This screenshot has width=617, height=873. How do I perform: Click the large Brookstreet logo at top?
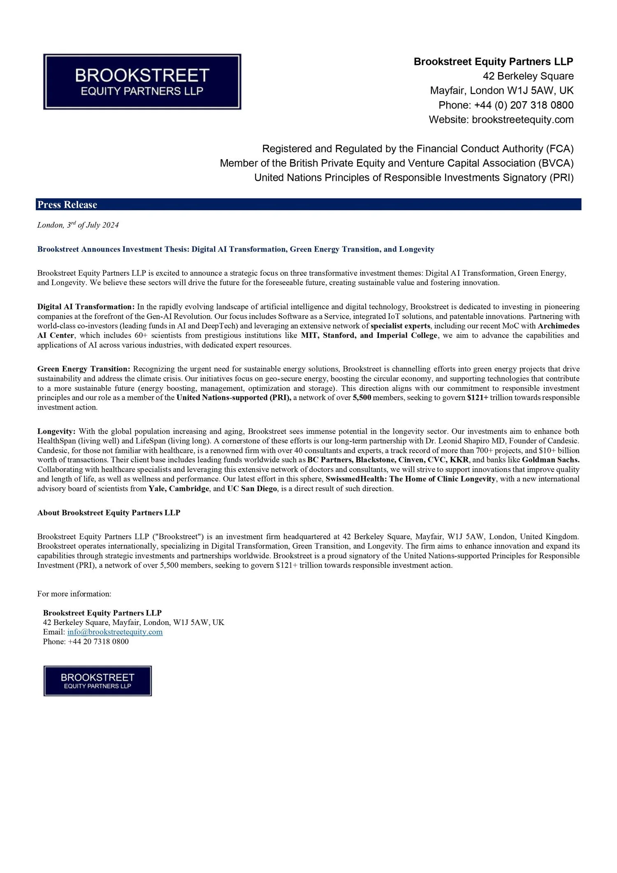[142, 81]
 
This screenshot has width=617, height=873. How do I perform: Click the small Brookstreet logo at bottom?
[97, 681]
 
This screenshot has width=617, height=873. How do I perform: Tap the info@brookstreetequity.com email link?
[115, 632]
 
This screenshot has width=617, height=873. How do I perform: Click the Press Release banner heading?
[67, 204]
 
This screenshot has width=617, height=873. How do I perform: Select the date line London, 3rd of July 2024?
[78, 225]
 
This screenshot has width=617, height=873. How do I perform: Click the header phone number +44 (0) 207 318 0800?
[523, 105]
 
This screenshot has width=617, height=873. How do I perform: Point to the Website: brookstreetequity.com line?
[501, 119]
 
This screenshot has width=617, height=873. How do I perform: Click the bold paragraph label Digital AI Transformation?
[86, 306]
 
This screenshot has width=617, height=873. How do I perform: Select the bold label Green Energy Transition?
[84, 369]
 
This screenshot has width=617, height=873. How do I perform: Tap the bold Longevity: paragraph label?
[56, 431]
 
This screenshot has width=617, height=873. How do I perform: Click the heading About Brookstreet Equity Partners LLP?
[109, 513]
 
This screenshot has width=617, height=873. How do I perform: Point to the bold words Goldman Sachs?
[550, 460]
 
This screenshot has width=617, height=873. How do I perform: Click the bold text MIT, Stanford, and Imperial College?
[369, 335]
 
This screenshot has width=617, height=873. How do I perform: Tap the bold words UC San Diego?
[252, 488]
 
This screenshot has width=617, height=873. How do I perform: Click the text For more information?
[74, 594]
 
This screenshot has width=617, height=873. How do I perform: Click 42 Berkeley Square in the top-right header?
[528, 76]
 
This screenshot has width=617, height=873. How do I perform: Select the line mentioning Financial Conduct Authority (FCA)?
[418, 148]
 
